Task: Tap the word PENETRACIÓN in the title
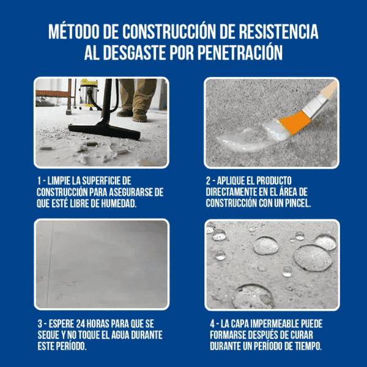click(x=240, y=53)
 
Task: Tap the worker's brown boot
click(x=139, y=114)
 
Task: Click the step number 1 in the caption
click(x=40, y=181)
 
